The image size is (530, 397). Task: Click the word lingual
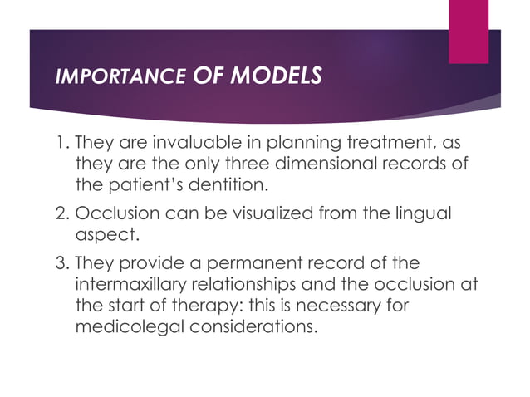[424, 214]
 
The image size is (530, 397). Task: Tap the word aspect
[102, 235]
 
